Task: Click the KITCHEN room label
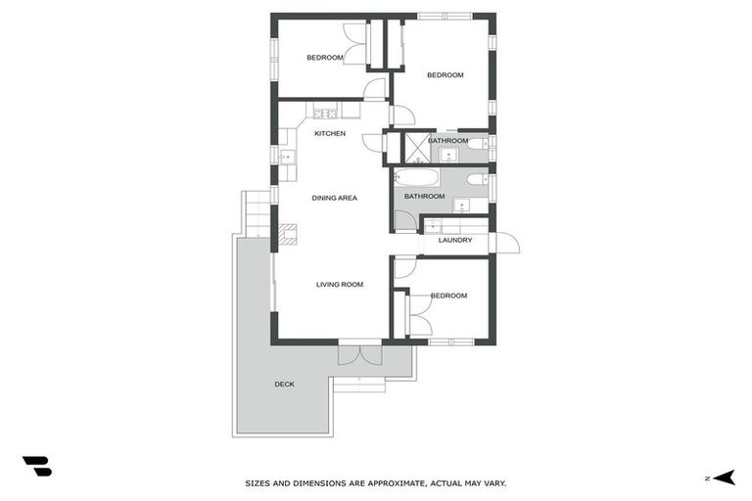[329, 133]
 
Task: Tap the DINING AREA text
[334, 198]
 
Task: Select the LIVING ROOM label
[339, 285]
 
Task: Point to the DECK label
[284, 384]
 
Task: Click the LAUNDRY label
[455, 240]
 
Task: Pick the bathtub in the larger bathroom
[417, 178]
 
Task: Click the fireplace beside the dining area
[286, 233]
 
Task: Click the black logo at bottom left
[36, 467]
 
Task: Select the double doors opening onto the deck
[359, 352]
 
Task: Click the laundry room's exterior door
[506, 243]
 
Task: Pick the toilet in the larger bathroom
[476, 179]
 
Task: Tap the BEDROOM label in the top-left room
[325, 58]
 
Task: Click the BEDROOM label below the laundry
[448, 296]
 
